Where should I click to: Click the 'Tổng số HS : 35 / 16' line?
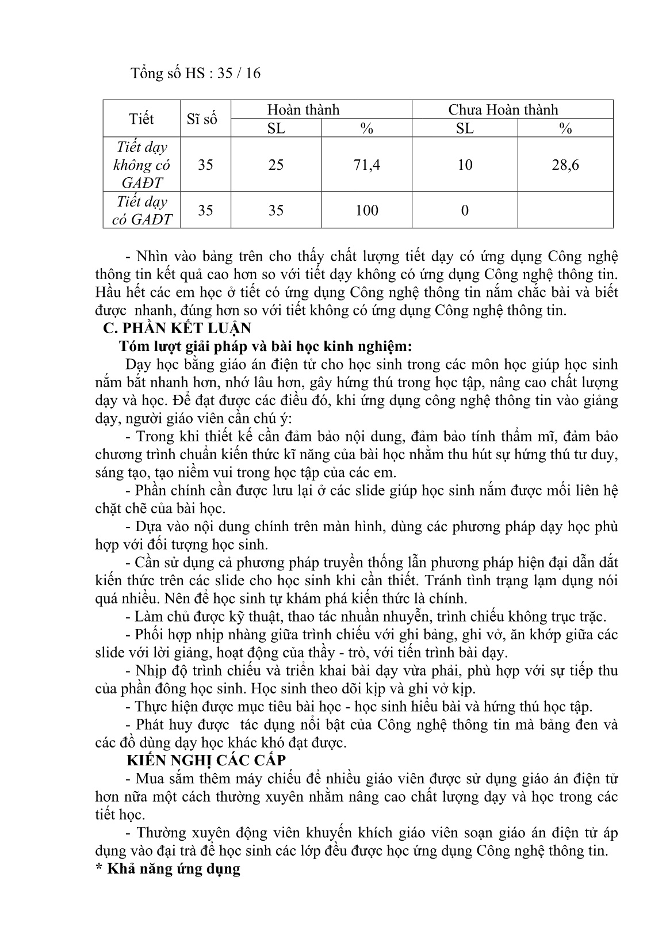point(196,73)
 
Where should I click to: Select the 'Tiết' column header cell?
point(141,119)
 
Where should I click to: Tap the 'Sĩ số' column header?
point(202,119)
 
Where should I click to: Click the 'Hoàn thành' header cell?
point(303,109)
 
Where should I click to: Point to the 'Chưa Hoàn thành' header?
point(503,109)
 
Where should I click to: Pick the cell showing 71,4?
point(366,165)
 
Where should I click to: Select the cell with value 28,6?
point(565,165)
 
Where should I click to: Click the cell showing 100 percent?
point(366,210)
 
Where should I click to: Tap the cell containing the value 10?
point(465,165)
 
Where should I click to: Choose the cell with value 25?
point(276,165)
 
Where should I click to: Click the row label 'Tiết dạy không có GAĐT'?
point(141,165)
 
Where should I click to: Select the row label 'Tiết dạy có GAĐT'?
point(141,210)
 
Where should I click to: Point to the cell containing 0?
point(465,210)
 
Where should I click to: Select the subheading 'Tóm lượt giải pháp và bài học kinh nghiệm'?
point(266,346)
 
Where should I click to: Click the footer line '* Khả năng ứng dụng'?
point(167,868)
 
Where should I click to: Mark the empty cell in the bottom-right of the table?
point(565,210)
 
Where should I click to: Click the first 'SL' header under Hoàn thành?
point(276,128)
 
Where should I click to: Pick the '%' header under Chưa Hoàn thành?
point(565,128)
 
